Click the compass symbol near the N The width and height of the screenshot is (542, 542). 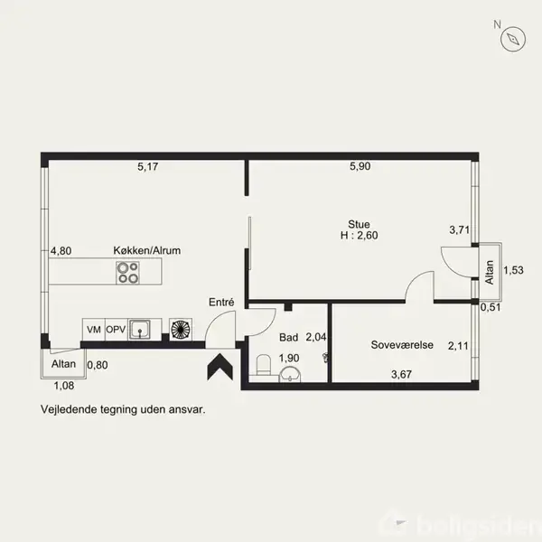[513, 39]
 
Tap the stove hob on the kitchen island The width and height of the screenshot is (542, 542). [127, 273]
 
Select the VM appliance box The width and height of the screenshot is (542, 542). [94, 330]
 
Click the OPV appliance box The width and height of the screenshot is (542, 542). [117, 330]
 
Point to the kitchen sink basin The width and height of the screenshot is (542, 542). [140, 330]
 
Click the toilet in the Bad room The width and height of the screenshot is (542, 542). [265, 364]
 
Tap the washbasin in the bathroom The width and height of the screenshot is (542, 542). [290, 375]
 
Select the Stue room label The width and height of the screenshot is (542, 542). [359, 224]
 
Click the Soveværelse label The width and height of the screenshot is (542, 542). [402, 345]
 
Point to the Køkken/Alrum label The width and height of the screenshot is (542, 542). [147, 250]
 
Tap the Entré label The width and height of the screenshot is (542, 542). [221, 302]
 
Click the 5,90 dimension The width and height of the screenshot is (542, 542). [360, 166]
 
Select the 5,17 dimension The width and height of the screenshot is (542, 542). [148, 166]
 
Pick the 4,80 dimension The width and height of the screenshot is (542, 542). [61, 250]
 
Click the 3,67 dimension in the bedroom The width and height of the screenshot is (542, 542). [401, 374]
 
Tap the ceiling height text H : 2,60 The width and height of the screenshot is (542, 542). [360, 236]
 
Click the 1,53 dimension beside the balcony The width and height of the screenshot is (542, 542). [513, 270]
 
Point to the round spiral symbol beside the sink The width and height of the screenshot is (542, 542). [181, 330]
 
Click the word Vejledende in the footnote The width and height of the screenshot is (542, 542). [69, 409]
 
